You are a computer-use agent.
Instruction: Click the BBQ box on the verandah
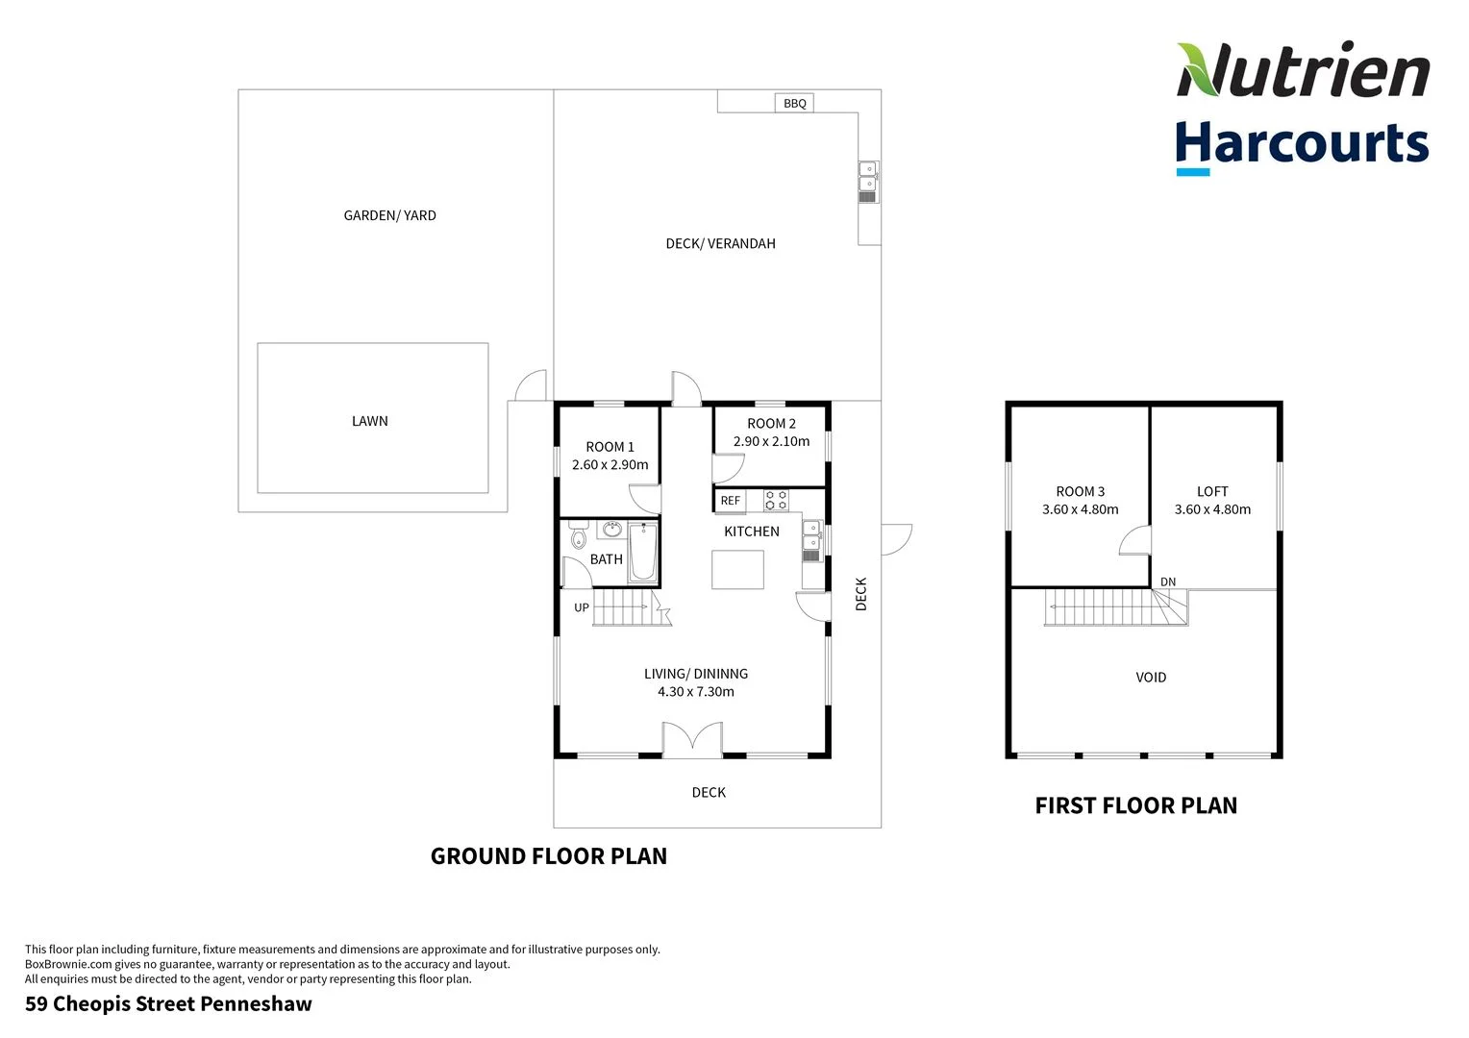pyautogui.click(x=794, y=103)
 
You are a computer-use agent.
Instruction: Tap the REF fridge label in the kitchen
pyautogui.click(x=731, y=501)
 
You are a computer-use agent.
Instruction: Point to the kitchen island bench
pyautogui.click(x=737, y=569)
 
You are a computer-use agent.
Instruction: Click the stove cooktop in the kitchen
pyautogui.click(x=776, y=500)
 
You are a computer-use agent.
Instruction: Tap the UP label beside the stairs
pyautogui.click(x=582, y=607)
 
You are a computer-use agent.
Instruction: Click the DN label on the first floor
pyautogui.click(x=1168, y=582)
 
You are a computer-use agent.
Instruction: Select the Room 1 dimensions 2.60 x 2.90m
pyautogui.click(x=610, y=465)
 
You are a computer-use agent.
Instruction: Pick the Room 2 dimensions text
pyautogui.click(x=771, y=442)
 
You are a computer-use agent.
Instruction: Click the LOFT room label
pyautogui.click(x=1212, y=491)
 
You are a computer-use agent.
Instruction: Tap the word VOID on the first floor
pyautogui.click(x=1151, y=678)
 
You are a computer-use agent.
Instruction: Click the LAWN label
pyautogui.click(x=370, y=421)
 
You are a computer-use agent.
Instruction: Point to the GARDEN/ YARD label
pyautogui.click(x=389, y=215)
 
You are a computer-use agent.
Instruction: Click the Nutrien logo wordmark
pyautogui.click(x=1303, y=71)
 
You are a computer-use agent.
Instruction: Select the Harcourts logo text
pyautogui.click(x=1302, y=144)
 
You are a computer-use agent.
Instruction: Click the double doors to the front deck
pyautogui.click(x=692, y=741)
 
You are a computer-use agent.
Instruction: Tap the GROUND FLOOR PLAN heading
pyautogui.click(x=548, y=856)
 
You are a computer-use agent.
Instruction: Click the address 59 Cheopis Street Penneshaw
pyautogui.click(x=168, y=1004)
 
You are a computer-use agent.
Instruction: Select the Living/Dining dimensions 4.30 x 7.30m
pyautogui.click(x=695, y=692)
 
